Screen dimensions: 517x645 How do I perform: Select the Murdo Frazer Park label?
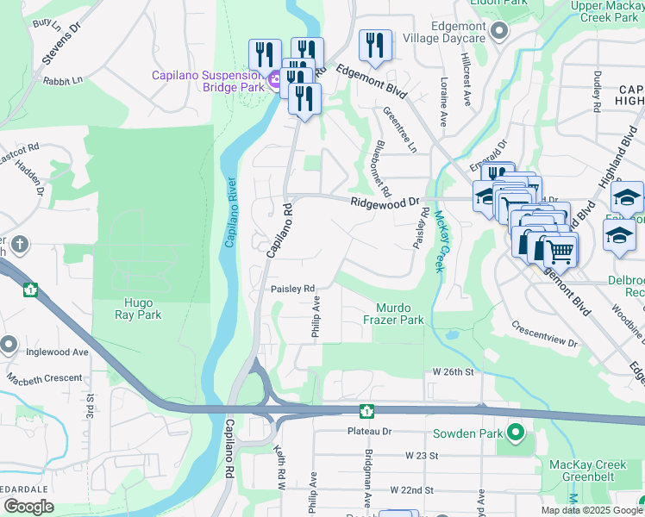400,314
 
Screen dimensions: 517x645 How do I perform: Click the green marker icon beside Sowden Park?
516,431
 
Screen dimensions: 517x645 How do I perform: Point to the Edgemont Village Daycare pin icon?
498,33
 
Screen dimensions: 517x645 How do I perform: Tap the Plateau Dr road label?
370,431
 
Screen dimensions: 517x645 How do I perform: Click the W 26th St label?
454,371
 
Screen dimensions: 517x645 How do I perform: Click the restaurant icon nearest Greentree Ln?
374,46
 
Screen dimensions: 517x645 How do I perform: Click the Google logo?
28,507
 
